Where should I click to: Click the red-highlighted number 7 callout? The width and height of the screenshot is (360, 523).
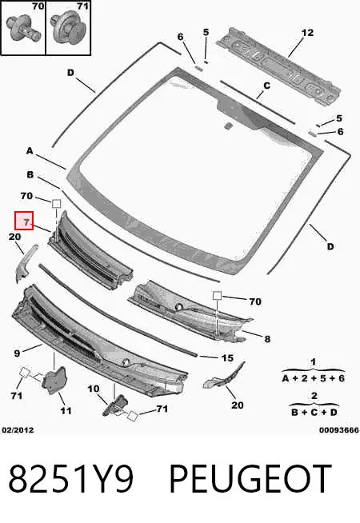point(24,221)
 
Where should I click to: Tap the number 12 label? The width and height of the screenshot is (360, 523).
point(307,33)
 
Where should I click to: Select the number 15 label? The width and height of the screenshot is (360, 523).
point(227,358)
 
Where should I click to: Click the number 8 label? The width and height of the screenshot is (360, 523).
point(267,339)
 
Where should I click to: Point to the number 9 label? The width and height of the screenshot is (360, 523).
point(17,353)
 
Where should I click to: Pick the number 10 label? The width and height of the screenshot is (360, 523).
point(94,389)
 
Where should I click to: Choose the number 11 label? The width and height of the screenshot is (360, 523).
point(66,410)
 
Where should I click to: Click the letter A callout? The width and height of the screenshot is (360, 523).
point(30,151)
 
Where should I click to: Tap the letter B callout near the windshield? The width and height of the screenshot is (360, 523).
point(30,174)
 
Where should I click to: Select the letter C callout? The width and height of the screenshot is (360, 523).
point(266,86)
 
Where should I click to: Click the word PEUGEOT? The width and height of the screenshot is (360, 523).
point(250,479)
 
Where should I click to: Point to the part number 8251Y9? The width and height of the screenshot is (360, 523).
point(70,479)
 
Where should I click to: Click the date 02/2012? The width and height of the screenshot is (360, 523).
point(18,430)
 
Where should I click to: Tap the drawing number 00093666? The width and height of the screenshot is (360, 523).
point(338,430)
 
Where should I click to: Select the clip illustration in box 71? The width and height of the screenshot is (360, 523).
point(68,27)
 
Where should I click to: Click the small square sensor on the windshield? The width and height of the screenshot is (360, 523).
point(228,126)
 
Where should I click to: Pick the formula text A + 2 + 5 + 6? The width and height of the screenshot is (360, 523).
point(314,378)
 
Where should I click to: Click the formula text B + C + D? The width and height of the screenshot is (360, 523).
point(314,413)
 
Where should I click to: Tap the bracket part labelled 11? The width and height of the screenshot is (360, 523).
point(54,380)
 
